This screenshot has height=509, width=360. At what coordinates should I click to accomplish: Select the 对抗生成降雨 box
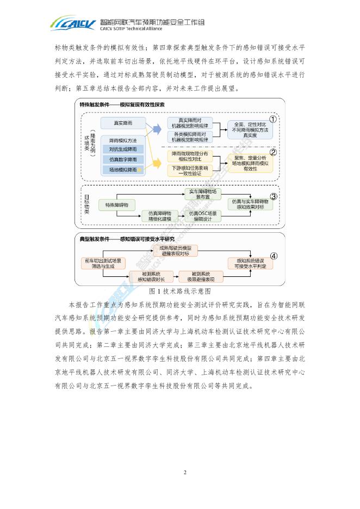122,149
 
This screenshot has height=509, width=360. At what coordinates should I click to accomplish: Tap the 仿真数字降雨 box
122,159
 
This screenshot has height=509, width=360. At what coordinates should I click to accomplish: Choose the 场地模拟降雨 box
122,170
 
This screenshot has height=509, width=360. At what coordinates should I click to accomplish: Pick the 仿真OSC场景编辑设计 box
203,216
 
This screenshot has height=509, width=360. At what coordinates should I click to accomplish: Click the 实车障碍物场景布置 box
203,194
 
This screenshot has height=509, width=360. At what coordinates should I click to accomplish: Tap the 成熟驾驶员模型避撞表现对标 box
176,250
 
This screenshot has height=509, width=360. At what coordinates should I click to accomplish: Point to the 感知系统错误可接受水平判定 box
250,263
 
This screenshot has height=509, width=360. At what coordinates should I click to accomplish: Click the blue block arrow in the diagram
156,129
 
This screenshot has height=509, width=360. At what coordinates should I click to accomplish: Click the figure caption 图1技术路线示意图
180,291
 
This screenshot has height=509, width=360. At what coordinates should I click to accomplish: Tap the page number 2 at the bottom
185,471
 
